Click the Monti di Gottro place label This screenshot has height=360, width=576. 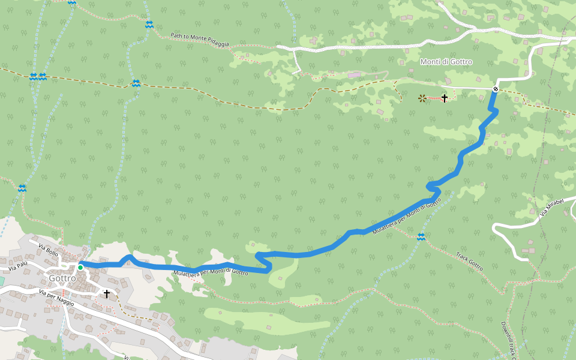pyautogui.click(x=446, y=62)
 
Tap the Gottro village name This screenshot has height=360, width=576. pyautogui.click(x=62, y=278)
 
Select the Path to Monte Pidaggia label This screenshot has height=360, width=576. pyautogui.click(x=200, y=40)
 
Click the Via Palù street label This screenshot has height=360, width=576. pyautogui.click(x=18, y=264)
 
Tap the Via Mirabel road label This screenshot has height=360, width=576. pyautogui.click(x=551, y=207)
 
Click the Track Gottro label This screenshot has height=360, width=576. pyautogui.click(x=469, y=261)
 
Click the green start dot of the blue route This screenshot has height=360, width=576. pyautogui.click(x=80, y=267)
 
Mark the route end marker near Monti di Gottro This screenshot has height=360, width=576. pyautogui.click(x=496, y=89)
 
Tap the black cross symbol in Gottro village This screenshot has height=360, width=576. pyautogui.click(x=107, y=293)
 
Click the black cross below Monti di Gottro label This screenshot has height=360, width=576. pyautogui.click(x=445, y=98)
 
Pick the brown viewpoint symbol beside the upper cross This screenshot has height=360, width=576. pyautogui.click(x=422, y=98)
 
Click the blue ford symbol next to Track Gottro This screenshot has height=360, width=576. pyautogui.click(x=421, y=236)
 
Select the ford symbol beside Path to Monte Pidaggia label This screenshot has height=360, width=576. pyautogui.click(x=149, y=25)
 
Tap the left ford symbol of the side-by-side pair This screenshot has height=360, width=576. pyautogui.click(x=33, y=76)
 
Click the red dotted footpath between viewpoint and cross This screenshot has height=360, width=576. pyautogui.click(x=433, y=98)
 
